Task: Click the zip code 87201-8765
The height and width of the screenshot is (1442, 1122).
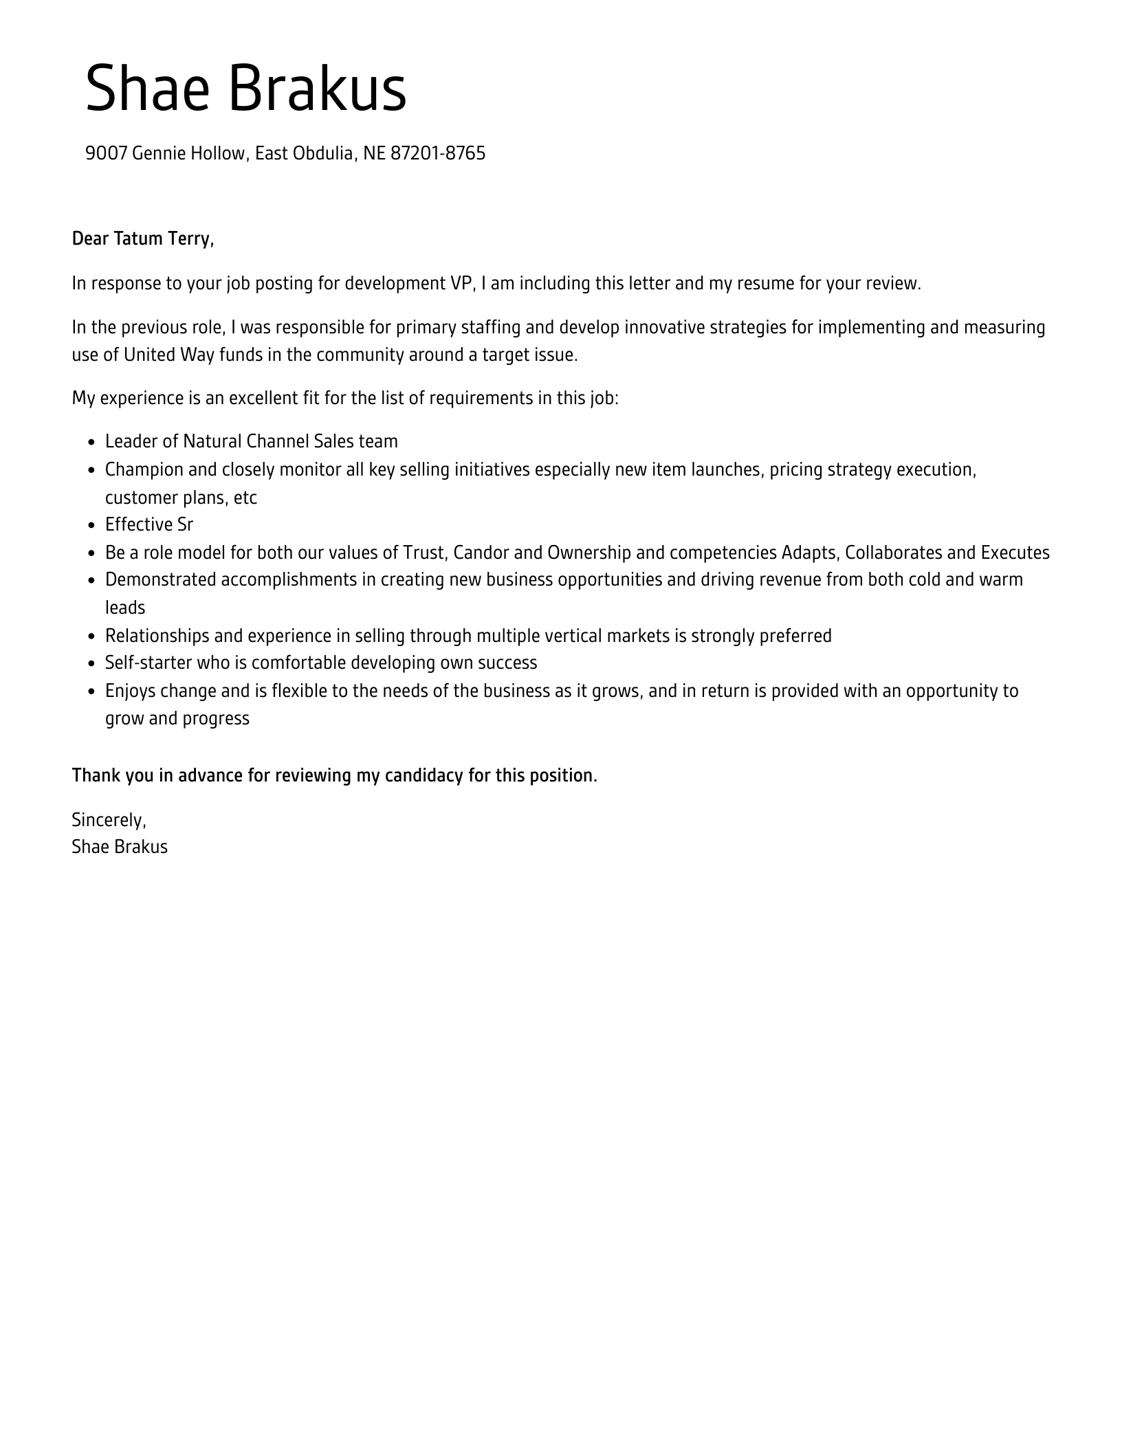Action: [x=437, y=153]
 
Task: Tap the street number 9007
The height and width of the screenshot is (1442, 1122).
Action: [x=107, y=153]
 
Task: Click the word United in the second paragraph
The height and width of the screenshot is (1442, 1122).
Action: [x=150, y=355]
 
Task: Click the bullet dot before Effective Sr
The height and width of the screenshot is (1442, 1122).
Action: [x=91, y=526]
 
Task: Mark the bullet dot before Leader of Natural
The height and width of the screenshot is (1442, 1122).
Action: [x=91, y=443]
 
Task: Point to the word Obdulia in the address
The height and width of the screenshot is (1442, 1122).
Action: [x=323, y=153]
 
